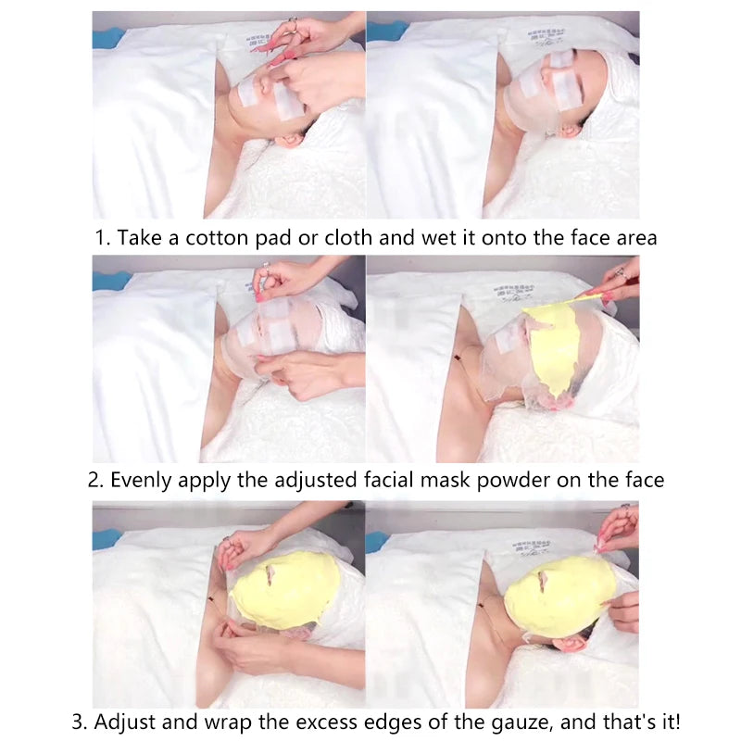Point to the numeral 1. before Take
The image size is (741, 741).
pos(102,238)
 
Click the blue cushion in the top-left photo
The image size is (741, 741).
pos(107,38)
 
